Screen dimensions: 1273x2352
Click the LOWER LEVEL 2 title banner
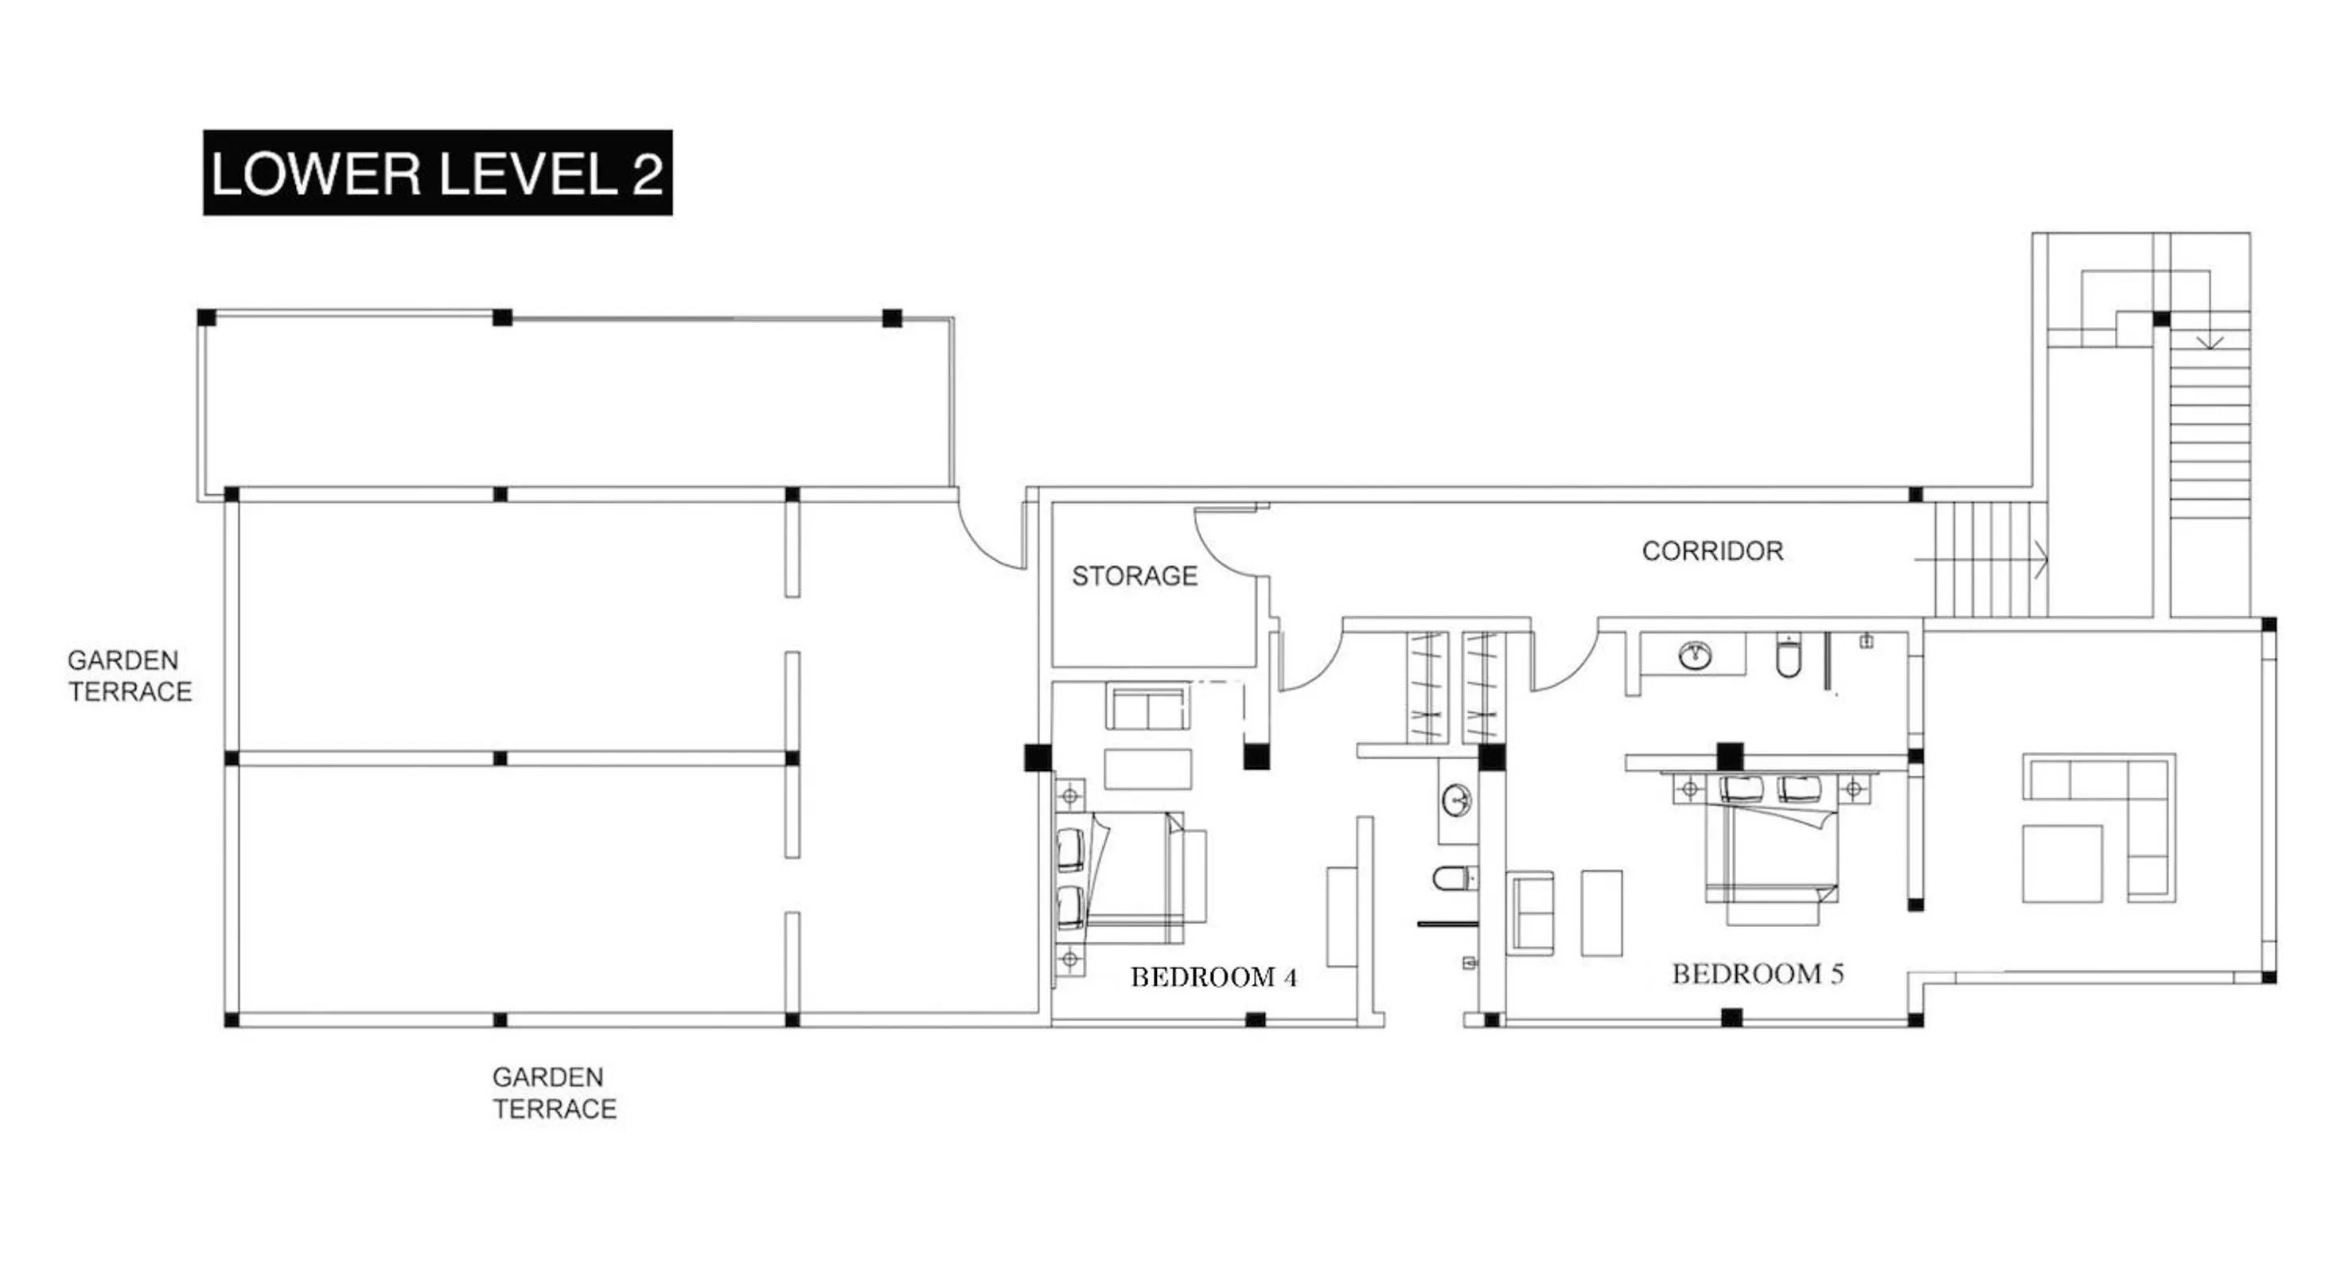(438, 173)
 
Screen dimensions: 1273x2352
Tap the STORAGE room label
(1134, 576)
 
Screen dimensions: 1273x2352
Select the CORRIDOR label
(1712, 551)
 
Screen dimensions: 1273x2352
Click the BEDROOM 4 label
(1213, 977)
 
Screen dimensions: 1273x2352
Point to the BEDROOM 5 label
(1758, 974)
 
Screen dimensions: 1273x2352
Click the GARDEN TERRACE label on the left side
(130, 675)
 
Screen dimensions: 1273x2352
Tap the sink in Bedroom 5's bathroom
(1695, 655)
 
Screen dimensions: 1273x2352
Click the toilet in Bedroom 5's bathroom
(1789, 656)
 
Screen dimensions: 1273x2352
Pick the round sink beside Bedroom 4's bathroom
(1457, 801)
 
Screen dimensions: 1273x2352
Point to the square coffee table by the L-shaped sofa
(2062, 863)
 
